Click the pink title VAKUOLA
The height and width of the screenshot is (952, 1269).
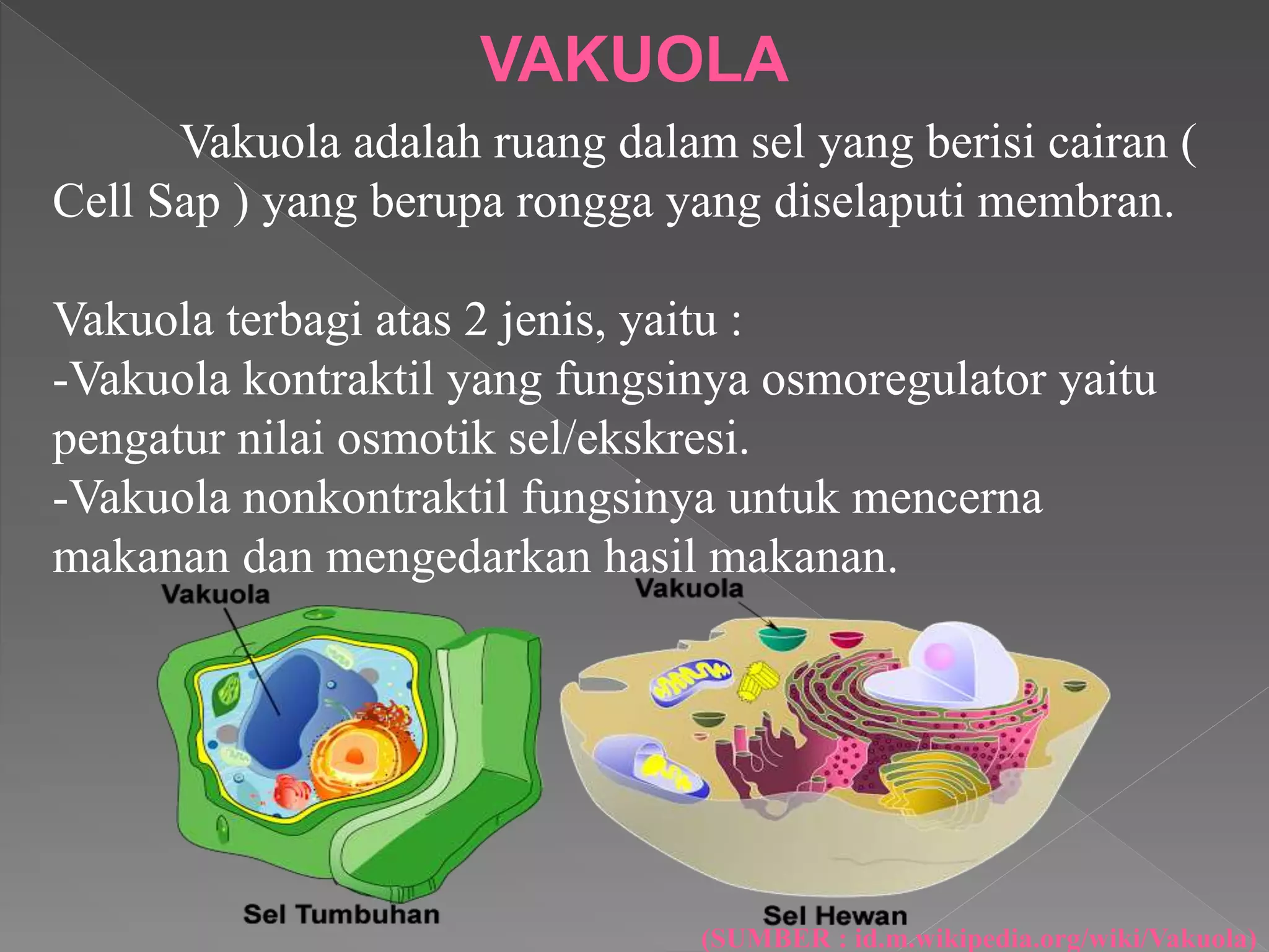634,59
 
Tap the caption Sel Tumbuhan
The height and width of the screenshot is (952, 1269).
341,914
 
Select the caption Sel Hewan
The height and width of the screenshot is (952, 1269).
835,915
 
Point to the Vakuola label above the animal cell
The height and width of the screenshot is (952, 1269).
689,588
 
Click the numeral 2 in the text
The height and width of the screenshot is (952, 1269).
475,320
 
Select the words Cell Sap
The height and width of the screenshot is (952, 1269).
136,202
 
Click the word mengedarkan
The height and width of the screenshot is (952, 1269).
459,557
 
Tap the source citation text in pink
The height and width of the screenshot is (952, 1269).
979,938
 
